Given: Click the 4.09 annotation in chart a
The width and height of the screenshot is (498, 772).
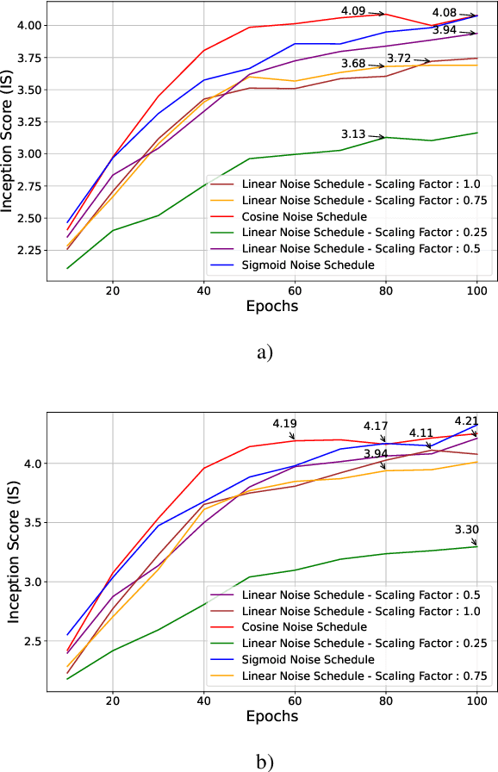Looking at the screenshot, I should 356,11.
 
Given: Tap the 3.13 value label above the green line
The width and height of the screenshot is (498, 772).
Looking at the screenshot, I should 353,134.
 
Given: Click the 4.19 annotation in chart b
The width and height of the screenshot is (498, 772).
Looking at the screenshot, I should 284,423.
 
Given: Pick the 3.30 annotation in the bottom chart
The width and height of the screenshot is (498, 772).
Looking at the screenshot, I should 466,530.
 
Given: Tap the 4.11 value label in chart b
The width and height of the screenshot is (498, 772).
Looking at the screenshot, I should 421,433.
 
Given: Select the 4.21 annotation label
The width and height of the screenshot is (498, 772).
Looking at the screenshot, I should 466,420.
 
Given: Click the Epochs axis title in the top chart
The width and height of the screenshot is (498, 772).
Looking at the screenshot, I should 272,305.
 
